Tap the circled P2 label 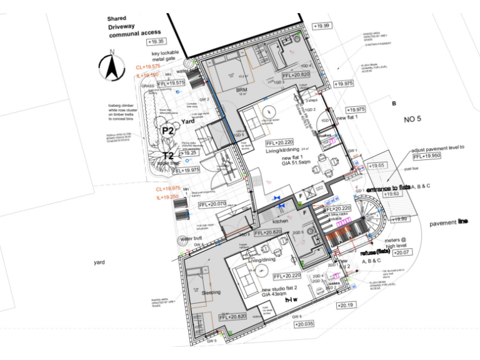pos(167,131)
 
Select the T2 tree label pos(168,156)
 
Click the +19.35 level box pos(154,41)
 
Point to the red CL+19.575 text pos(149,66)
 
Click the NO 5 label pos(414,119)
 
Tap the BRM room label pos(242,89)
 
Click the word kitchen pos(280,222)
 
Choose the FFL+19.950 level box pos(426,157)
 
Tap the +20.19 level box pos(345,306)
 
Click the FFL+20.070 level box pos(212,204)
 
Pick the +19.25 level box pos(189,152)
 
